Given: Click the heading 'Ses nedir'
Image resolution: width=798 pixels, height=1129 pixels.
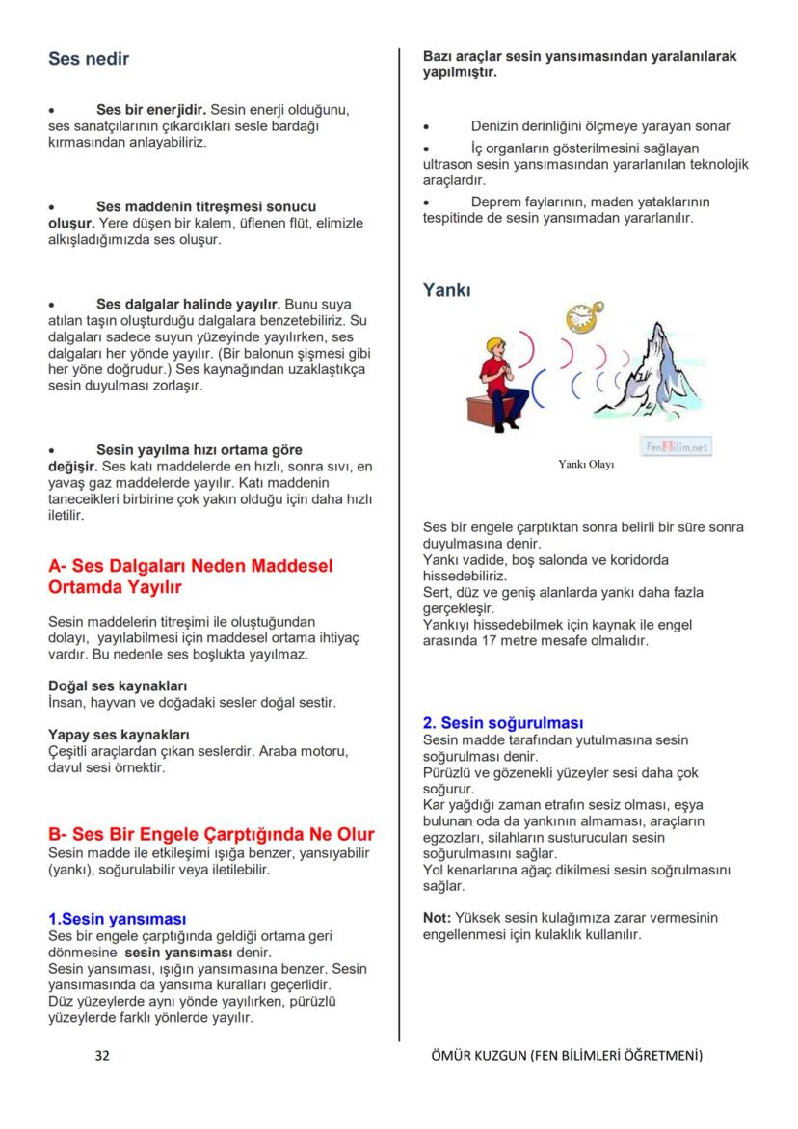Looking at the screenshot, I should coord(89,59).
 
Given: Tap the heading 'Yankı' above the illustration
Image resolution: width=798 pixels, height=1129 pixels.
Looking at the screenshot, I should coord(447,289).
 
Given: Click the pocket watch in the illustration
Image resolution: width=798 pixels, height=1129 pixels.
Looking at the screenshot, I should coord(581,317).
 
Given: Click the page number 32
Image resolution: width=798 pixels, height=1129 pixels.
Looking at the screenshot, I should coord(102,1055).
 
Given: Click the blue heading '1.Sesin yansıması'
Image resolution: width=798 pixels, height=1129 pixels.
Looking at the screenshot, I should coord(117,919).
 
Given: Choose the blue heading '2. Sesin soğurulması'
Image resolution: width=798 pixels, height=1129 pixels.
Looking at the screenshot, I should coord(503,722).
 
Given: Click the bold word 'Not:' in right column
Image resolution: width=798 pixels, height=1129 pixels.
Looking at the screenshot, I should coord(437,917).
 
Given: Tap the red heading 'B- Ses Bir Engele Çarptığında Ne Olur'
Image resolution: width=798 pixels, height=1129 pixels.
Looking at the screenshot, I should coord(211,834).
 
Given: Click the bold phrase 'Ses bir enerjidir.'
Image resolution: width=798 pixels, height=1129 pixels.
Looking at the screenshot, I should coord(151,109).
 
